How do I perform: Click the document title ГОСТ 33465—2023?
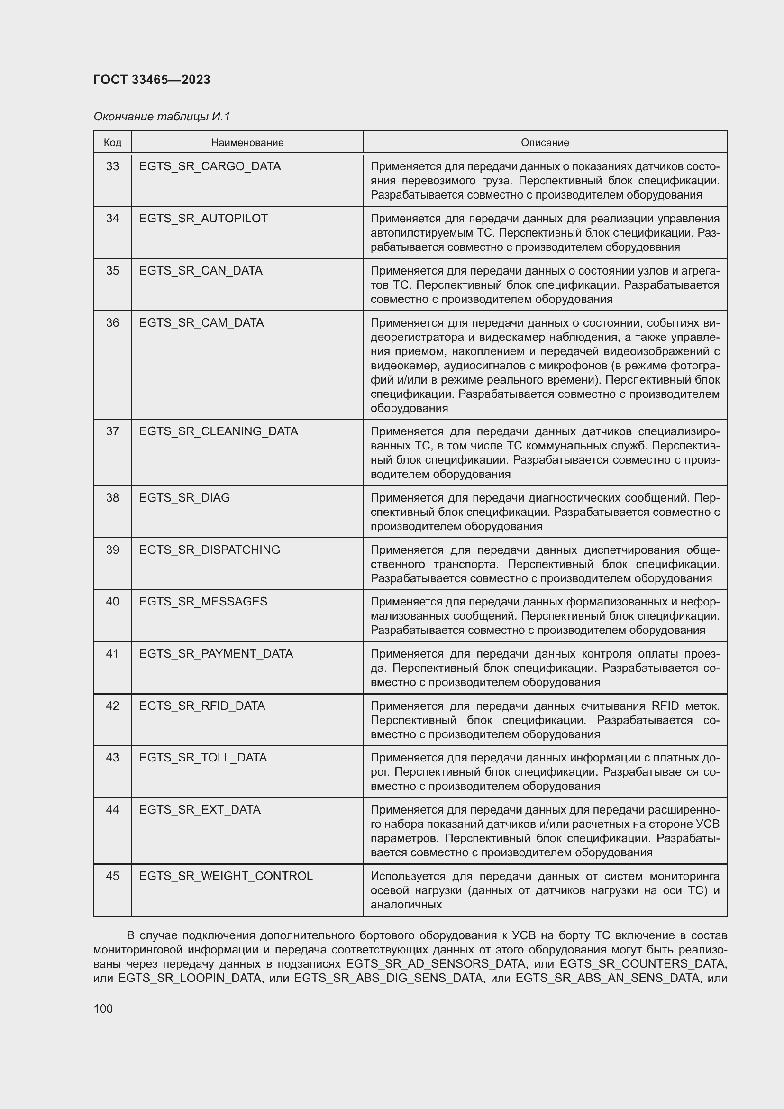(x=152, y=80)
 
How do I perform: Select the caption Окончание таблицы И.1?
(x=162, y=117)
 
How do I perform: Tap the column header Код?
(x=112, y=143)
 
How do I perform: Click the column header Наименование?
(x=247, y=143)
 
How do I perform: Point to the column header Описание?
(x=545, y=143)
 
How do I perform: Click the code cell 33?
(x=112, y=166)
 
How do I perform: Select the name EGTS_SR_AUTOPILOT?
(x=203, y=218)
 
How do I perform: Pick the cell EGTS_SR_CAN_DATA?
(x=201, y=270)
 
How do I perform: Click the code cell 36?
(x=112, y=323)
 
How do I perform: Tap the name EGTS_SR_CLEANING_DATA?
(x=218, y=431)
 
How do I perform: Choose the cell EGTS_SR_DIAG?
(x=184, y=497)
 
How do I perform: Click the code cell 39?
(x=112, y=550)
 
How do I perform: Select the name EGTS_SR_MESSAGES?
(x=203, y=601)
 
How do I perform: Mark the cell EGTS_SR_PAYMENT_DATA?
(x=216, y=653)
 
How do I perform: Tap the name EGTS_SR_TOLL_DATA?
(x=203, y=757)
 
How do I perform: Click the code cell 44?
(x=112, y=809)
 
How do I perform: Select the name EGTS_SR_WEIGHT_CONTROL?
(x=226, y=876)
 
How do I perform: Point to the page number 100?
(x=103, y=1008)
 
